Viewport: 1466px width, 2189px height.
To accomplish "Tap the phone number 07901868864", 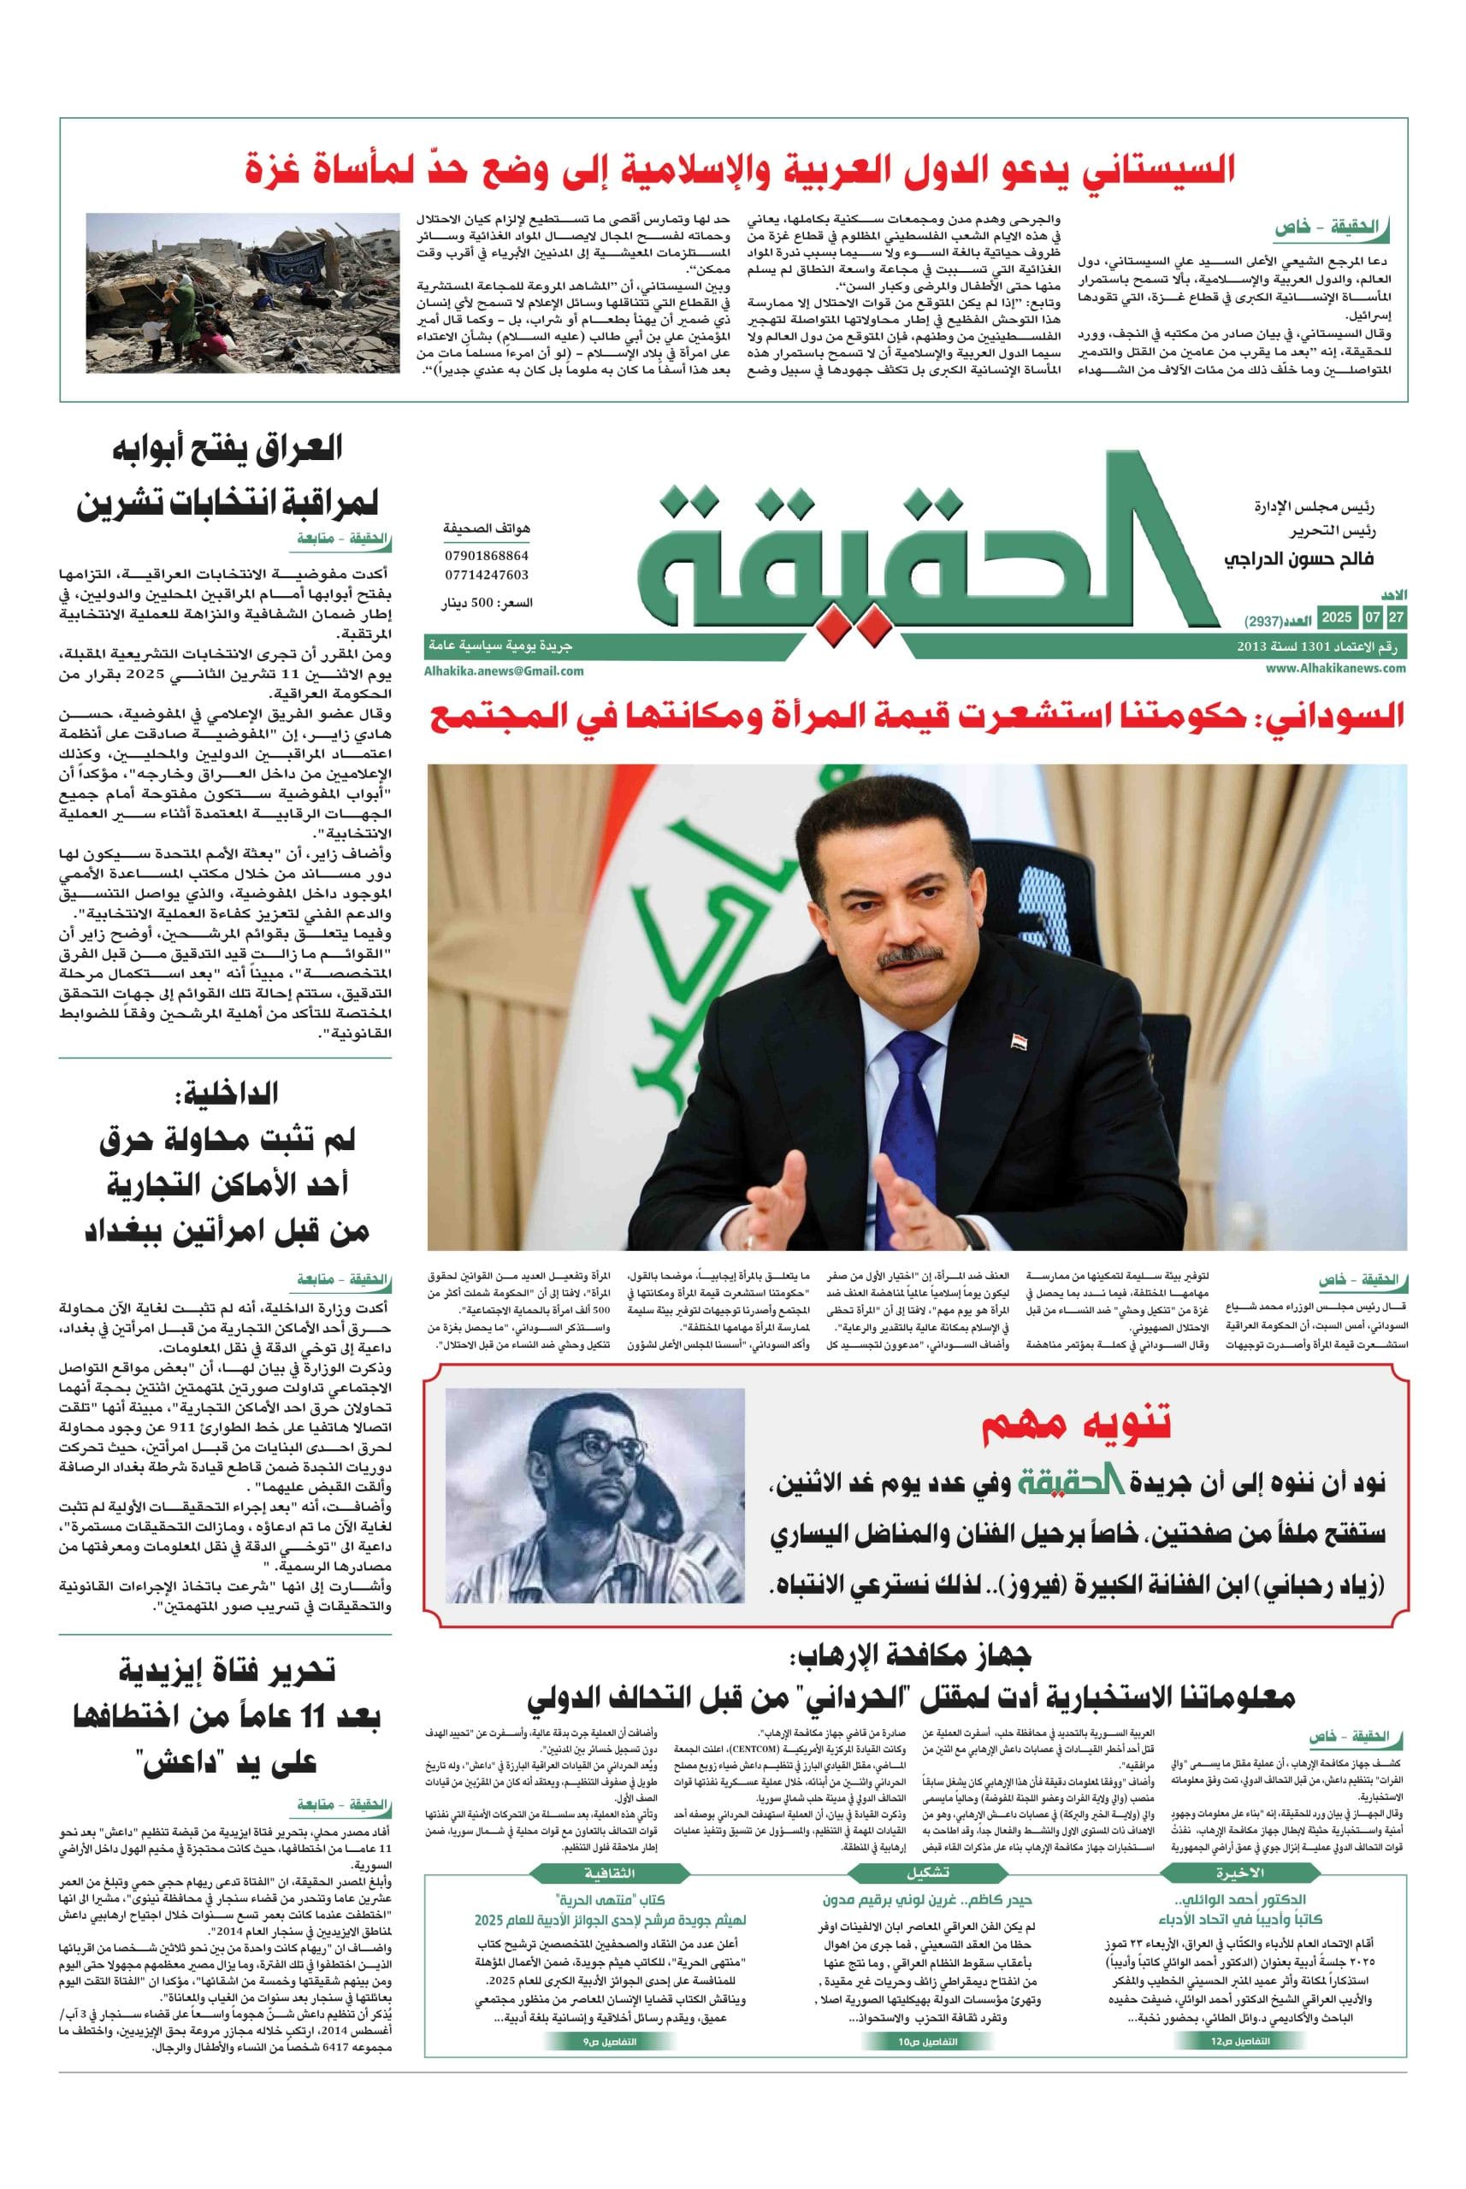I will pyautogui.click(x=486, y=555).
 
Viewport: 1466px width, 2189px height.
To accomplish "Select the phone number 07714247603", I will pyautogui.click(x=486, y=575).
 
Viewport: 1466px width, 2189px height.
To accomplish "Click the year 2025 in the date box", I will pyautogui.click(x=1335, y=618).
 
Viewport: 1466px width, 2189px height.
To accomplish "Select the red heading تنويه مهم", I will pyautogui.click(x=1074, y=1420).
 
